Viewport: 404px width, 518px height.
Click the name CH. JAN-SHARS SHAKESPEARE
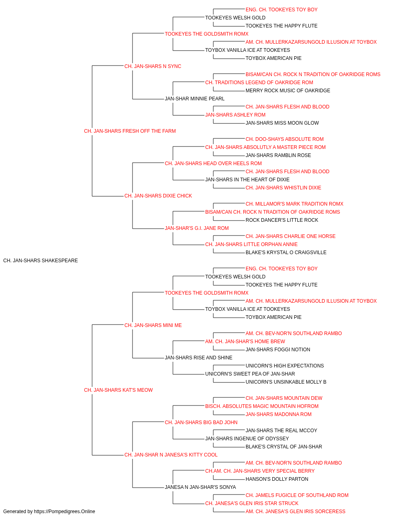(x=40, y=261)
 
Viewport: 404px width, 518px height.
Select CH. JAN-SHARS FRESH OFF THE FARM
(x=130, y=131)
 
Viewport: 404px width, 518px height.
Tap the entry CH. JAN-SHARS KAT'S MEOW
(x=118, y=390)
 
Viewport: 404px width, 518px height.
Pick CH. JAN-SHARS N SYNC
(x=153, y=66)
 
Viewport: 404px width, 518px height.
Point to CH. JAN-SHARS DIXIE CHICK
(x=158, y=196)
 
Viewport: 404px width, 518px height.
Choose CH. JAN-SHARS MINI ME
(x=153, y=325)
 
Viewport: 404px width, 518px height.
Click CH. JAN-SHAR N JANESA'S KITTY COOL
(x=171, y=455)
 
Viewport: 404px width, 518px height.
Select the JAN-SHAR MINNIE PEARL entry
(x=195, y=99)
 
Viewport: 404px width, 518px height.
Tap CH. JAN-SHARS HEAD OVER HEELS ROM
(x=213, y=163)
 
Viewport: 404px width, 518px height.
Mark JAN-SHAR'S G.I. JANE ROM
(x=196, y=228)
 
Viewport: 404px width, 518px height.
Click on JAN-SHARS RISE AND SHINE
(x=198, y=358)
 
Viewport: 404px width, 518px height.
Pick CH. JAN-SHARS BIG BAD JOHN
(x=201, y=422)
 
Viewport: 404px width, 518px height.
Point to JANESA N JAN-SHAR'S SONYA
(x=200, y=487)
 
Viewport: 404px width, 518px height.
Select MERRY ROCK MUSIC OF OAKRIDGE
(x=288, y=91)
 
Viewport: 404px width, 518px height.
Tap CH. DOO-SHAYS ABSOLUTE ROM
(x=284, y=139)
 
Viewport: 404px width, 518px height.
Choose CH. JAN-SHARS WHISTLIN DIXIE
(x=283, y=188)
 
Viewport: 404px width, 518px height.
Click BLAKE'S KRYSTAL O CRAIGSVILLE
(x=286, y=253)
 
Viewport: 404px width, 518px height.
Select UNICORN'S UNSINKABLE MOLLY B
(x=286, y=382)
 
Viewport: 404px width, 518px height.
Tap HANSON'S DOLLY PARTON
(x=277, y=479)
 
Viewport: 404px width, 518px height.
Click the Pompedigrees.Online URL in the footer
(x=65, y=512)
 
